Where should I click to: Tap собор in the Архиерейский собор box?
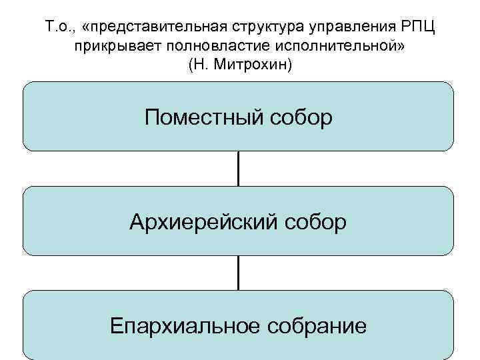click(313, 221)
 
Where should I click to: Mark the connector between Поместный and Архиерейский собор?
click(238, 169)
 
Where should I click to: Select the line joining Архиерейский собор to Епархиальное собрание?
click(238, 273)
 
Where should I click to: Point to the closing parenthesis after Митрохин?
click(289, 66)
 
